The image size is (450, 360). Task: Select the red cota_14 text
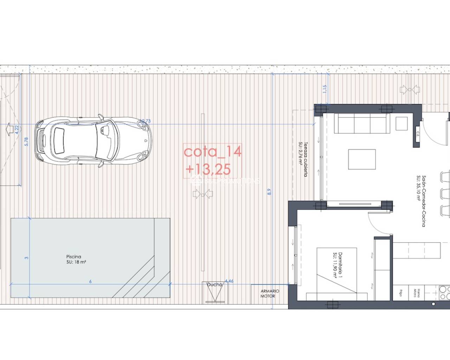[x=213, y=152]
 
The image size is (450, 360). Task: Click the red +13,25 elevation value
[x=208, y=169]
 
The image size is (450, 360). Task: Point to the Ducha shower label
[x=214, y=284]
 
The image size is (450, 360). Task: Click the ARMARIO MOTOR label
[x=270, y=294]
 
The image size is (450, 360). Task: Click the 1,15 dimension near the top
[x=324, y=89]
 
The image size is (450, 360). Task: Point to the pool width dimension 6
[x=90, y=282]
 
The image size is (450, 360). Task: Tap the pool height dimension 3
[x=26, y=258]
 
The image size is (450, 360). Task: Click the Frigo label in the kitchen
[x=400, y=292]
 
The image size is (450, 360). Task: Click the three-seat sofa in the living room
[x=361, y=123]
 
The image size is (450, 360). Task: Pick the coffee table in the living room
[x=362, y=159]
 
